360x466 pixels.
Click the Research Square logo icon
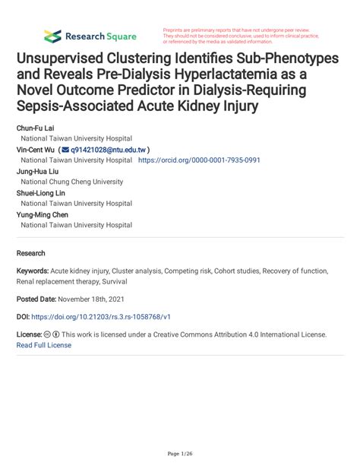pyautogui.click(x=52, y=36)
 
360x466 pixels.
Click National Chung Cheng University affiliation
pyautogui.click(x=71, y=182)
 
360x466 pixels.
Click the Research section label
pyautogui.click(x=31, y=253)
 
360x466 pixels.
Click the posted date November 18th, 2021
pyautogui.click(x=102, y=299)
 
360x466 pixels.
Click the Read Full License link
pyautogui.click(x=44, y=344)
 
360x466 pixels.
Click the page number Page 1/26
pyautogui.click(x=180, y=454)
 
